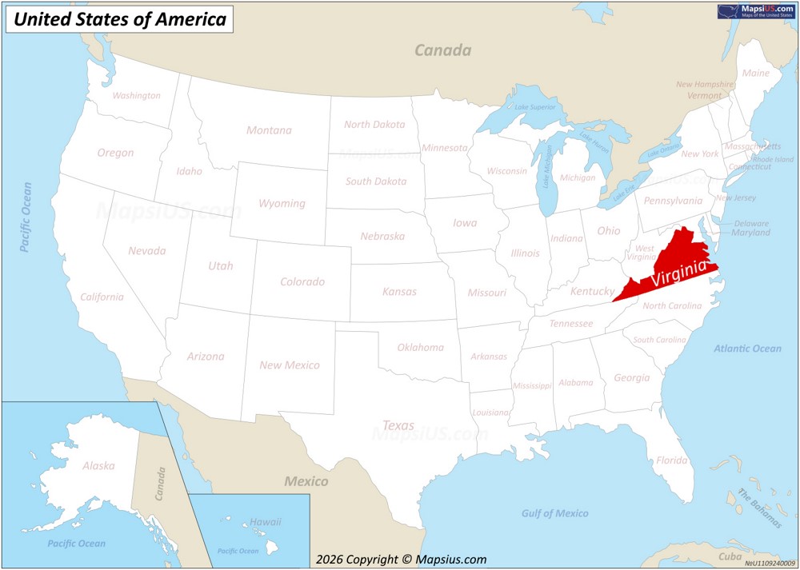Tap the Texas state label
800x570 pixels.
click(x=398, y=425)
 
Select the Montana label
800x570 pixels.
click(x=269, y=130)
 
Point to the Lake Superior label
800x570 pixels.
click(x=535, y=107)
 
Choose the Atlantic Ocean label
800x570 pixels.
click(x=747, y=349)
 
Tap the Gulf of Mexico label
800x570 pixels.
click(x=554, y=513)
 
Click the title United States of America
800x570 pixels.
click(x=120, y=19)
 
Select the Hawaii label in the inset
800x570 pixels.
click(x=266, y=522)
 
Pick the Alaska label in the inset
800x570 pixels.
click(x=98, y=465)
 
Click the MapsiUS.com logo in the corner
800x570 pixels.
click(x=756, y=11)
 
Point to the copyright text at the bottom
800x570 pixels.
click(x=401, y=560)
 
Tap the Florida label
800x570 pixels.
click(x=671, y=460)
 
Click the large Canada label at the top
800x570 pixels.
click(x=442, y=50)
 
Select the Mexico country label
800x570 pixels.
click(x=306, y=481)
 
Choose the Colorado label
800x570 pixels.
click(x=302, y=281)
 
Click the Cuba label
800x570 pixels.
click(x=730, y=556)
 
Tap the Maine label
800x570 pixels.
click(x=756, y=73)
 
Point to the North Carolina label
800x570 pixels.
click(x=672, y=306)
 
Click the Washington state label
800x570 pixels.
click(x=136, y=96)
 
